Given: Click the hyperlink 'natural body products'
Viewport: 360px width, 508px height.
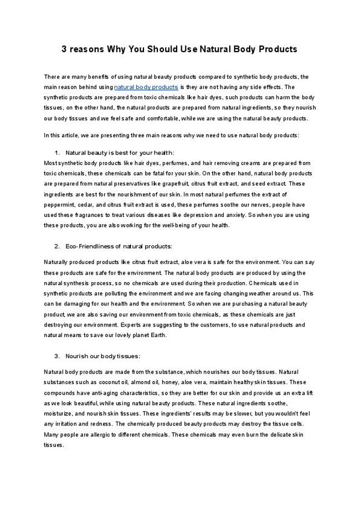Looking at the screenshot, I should click(146, 87).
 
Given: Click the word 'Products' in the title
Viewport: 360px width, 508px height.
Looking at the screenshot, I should click(277, 49).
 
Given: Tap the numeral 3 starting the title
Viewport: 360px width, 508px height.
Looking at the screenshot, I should click(64, 49).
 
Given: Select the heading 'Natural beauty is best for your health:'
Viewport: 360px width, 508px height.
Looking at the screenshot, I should click(120, 152).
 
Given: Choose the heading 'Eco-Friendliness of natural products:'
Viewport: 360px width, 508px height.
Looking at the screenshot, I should click(119, 246).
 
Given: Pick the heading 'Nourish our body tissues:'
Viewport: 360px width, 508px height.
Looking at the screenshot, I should click(102, 355).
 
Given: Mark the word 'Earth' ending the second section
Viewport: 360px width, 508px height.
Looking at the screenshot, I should click(158, 335).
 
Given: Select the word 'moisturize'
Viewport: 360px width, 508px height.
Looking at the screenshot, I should click(58, 414).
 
